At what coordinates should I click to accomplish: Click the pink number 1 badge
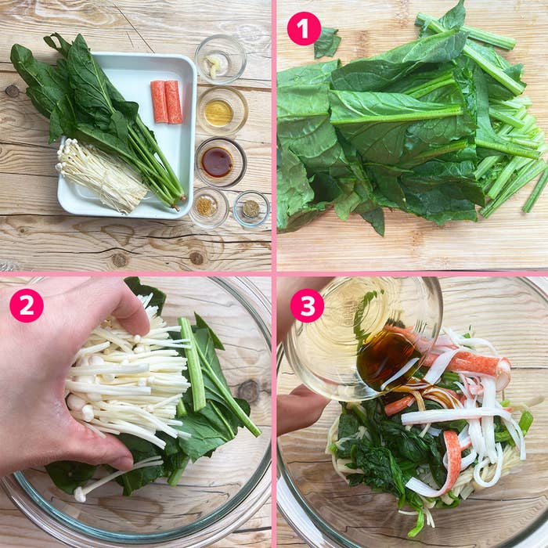[304, 29]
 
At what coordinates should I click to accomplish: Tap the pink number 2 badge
[27, 305]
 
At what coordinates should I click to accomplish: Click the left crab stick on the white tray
[159, 102]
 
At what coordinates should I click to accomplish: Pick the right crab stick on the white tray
[173, 102]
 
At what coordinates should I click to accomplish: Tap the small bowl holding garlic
[220, 59]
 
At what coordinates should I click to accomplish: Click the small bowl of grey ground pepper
[251, 208]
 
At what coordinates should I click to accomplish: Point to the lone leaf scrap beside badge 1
[327, 44]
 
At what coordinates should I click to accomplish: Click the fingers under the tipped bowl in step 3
[301, 407]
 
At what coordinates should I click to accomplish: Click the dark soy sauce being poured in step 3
[384, 357]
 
